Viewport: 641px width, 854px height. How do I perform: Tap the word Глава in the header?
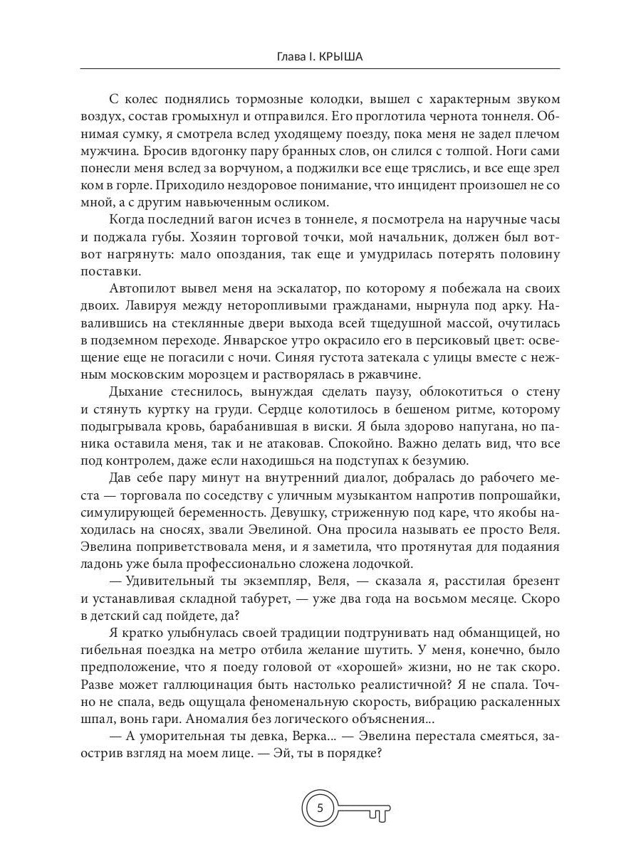point(291,56)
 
